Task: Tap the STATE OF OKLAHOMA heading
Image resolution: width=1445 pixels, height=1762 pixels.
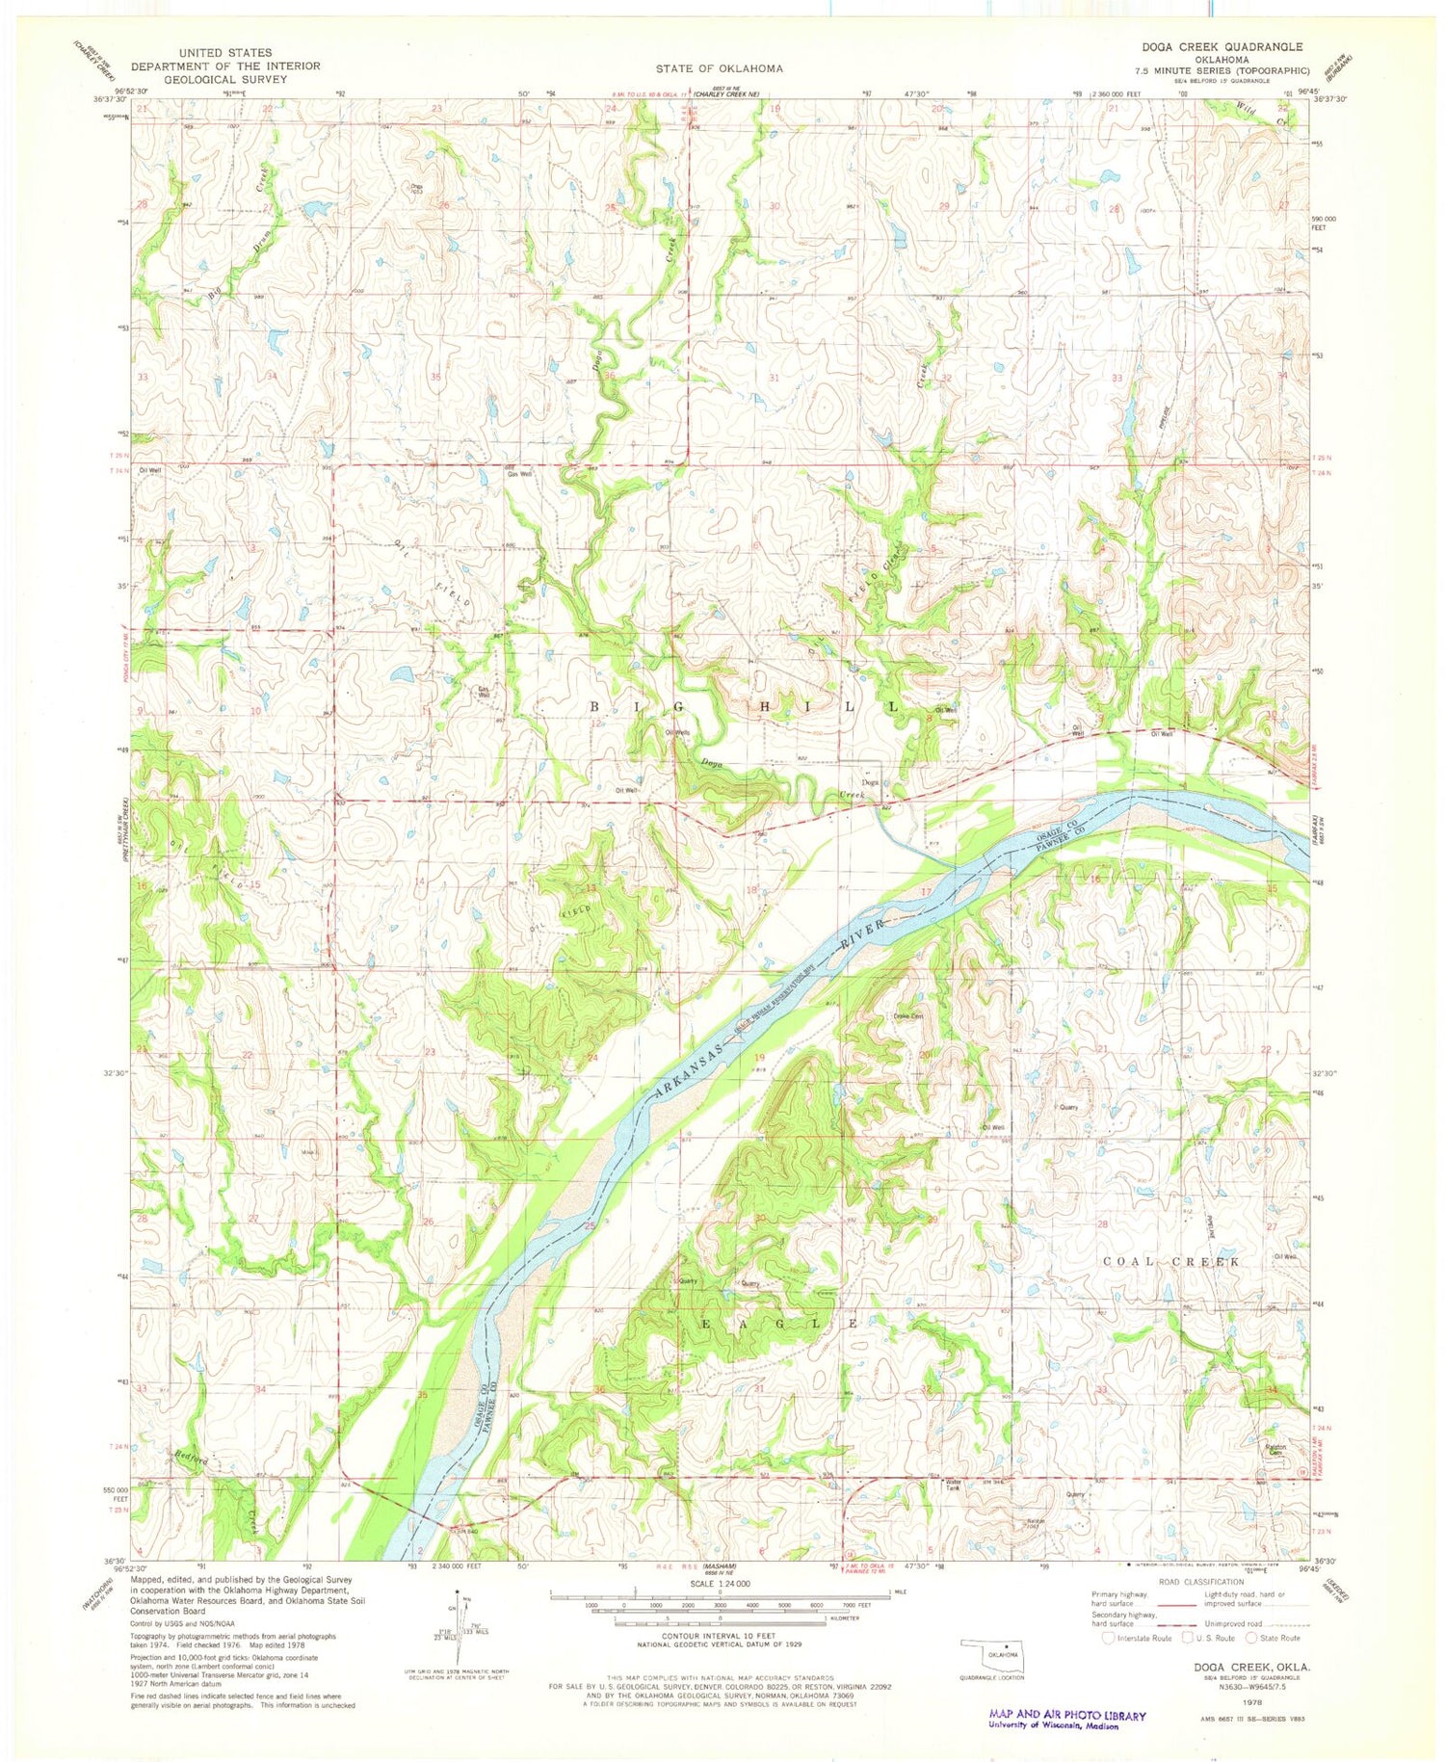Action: [x=720, y=68]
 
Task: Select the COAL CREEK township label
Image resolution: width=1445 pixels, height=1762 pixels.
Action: [x=1170, y=1260]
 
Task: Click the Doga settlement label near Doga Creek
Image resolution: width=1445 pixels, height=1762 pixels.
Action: [x=871, y=782]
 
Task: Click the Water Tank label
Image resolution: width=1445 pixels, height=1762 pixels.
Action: [x=953, y=1485]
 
